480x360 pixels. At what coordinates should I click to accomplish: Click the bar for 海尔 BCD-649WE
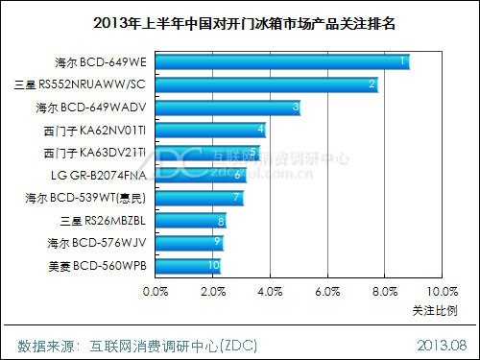(278, 62)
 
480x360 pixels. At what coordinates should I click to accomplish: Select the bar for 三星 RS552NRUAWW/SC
(263, 84)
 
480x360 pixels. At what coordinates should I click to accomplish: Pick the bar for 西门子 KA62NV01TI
(207, 130)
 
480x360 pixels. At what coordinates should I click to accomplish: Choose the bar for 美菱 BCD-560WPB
(185, 264)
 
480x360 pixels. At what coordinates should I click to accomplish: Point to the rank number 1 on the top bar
(403, 61)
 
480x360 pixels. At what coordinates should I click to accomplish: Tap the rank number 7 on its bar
(235, 198)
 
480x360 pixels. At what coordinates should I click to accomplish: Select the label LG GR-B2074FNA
(100, 175)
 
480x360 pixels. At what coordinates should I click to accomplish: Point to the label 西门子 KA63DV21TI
(94, 153)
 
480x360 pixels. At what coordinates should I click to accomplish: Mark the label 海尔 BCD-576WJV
(96, 242)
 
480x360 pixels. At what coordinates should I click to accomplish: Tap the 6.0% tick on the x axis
(327, 291)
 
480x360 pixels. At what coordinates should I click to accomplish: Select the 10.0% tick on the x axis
(442, 291)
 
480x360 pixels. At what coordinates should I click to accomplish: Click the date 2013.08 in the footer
(441, 343)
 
